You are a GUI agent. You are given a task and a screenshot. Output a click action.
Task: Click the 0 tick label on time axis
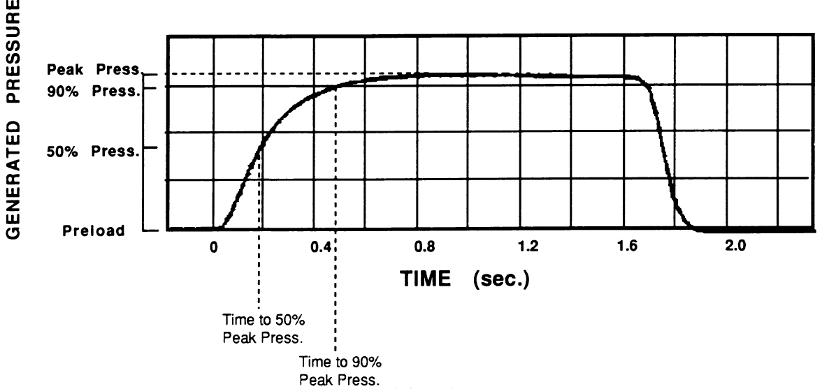(x=213, y=247)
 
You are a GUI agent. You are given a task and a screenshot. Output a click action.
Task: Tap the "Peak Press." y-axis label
(x=93, y=71)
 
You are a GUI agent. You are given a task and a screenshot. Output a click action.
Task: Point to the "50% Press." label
(x=93, y=149)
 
